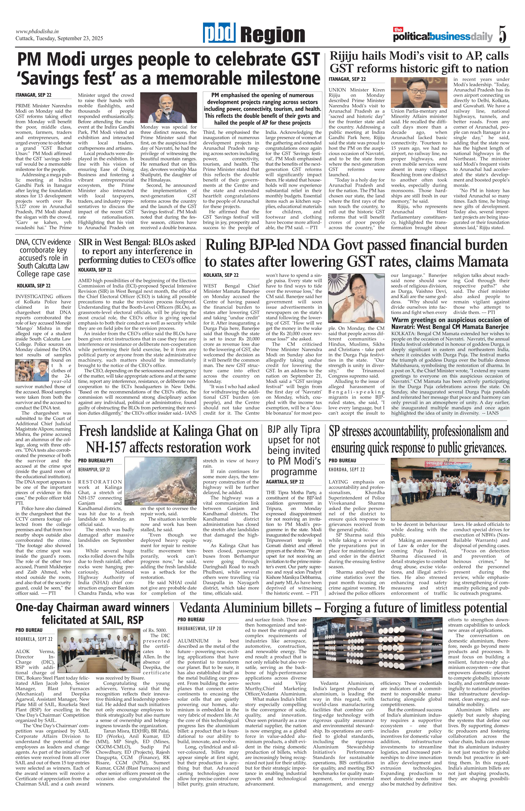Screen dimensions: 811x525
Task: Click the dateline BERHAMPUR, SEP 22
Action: [94, 469]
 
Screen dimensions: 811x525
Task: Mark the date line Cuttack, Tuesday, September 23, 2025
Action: [59, 38]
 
